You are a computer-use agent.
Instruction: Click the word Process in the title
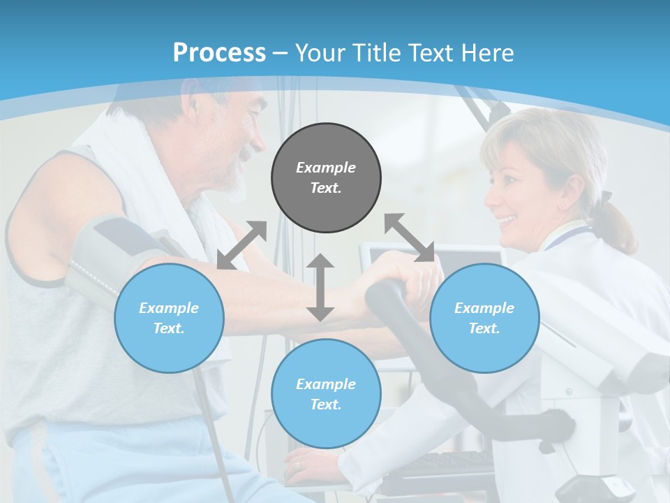coord(219,53)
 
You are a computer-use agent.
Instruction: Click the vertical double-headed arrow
coord(320,288)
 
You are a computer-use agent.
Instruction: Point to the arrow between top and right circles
coord(409,238)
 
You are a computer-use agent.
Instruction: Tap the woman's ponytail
coord(618,224)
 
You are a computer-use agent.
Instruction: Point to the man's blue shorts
coord(105,461)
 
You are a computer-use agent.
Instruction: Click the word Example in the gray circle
coord(326,168)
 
